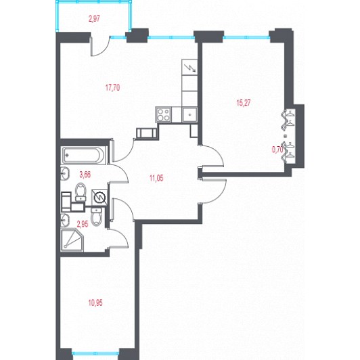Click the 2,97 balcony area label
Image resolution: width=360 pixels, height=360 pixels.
[94, 18]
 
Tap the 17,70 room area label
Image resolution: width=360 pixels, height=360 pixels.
[112, 87]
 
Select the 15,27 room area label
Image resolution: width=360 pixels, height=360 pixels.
[244, 103]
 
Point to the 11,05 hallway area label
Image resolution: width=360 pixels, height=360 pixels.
[156, 178]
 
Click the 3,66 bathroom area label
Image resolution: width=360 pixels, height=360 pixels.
[85, 175]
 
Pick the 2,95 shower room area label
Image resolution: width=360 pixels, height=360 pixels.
[83, 224]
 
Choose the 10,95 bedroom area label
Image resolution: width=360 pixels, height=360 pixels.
[95, 303]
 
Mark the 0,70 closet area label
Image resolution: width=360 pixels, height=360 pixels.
[277, 150]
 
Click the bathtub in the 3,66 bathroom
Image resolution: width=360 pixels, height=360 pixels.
[84, 155]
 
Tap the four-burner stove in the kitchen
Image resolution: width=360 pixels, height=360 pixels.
[163, 114]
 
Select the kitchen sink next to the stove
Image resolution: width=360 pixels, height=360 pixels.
[189, 115]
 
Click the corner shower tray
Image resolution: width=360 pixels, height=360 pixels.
[72, 240]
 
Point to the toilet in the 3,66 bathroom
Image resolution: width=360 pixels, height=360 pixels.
[81, 192]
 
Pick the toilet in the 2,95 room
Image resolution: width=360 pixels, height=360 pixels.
[96, 217]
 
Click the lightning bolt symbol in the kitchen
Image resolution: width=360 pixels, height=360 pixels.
[190, 68]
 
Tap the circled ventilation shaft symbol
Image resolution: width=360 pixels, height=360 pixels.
[100, 197]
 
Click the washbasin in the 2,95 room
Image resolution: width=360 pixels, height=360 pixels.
[65, 220]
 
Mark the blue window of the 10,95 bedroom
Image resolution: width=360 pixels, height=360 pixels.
[95, 353]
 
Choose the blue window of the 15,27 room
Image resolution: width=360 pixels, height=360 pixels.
[246, 37]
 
